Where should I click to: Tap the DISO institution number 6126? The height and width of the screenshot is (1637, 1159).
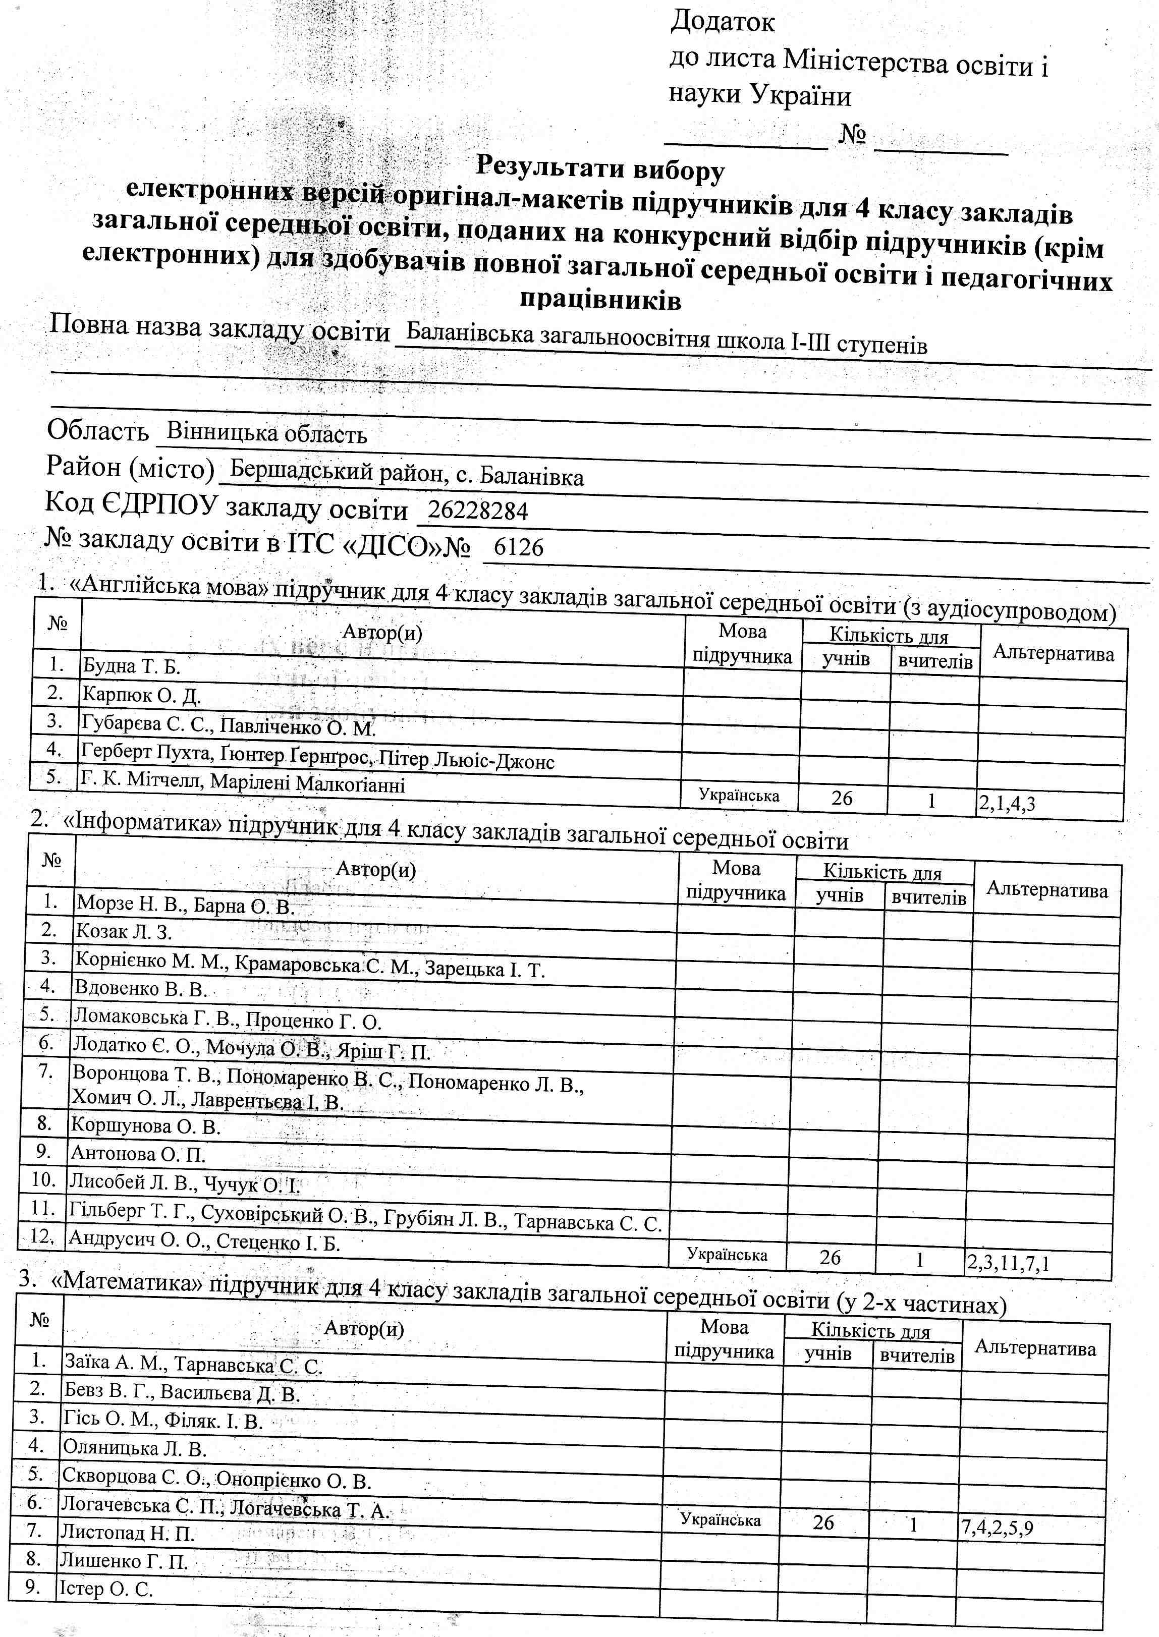point(519,547)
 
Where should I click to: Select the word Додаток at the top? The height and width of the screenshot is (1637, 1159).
point(722,22)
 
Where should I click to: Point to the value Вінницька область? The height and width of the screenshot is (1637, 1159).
point(266,432)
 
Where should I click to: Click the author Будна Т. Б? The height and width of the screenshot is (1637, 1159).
point(131,666)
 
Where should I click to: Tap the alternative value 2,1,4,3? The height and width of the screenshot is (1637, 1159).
point(1007,804)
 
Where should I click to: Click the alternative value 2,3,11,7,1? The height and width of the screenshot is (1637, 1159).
point(1008,1264)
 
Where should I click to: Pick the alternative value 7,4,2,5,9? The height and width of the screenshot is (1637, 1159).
point(997,1529)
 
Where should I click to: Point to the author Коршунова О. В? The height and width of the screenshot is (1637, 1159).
point(146,1126)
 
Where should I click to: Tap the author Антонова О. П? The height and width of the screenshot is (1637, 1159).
point(138,1154)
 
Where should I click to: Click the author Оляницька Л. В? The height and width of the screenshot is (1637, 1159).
point(135,1448)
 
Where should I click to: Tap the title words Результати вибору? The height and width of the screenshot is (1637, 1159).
point(599,168)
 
